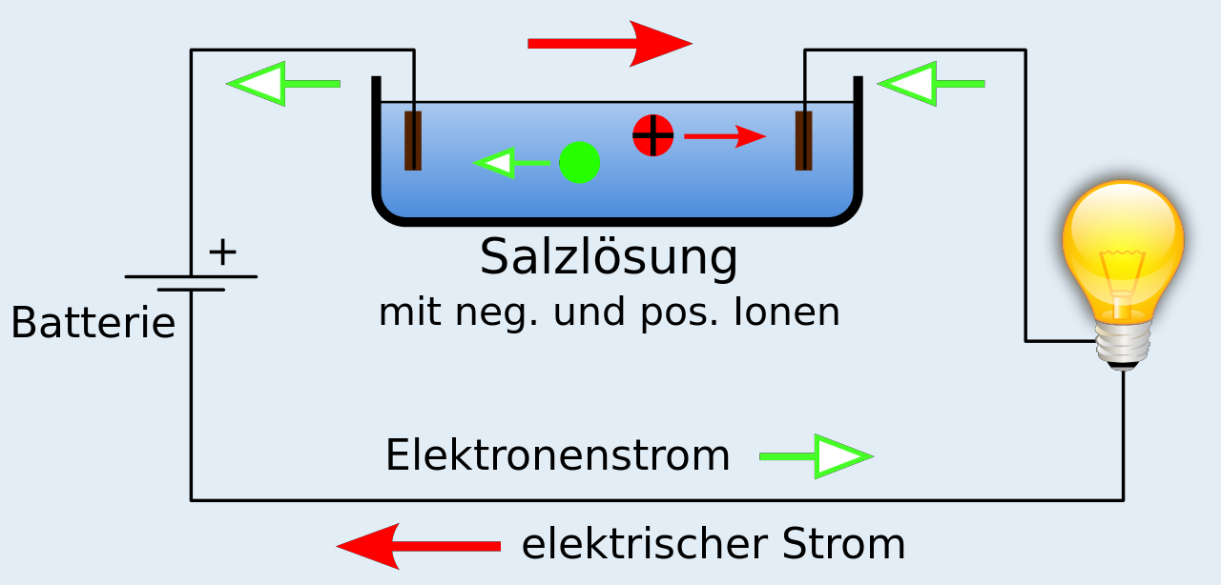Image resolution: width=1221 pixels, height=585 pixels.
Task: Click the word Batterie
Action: click(93, 324)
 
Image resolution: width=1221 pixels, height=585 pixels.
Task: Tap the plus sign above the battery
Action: click(222, 252)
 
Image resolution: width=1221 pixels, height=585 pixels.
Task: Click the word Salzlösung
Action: click(609, 257)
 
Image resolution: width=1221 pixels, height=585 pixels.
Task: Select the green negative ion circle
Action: click(579, 162)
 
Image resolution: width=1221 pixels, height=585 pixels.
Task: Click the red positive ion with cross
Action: click(653, 135)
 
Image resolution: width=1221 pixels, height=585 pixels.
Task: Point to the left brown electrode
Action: click(413, 140)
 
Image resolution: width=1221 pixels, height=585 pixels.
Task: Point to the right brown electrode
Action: click(804, 140)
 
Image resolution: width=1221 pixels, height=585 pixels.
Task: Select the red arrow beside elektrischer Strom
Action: click(420, 546)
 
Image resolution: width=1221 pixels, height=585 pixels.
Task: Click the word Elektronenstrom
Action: click(558, 456)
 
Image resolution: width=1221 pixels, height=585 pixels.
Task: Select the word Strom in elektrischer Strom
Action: click(843, 544)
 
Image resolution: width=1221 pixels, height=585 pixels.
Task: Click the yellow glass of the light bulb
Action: click(1123, 243)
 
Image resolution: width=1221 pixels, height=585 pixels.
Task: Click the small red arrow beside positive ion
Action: click(725, 137)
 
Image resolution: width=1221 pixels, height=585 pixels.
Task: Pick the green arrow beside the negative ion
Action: click(510, 163)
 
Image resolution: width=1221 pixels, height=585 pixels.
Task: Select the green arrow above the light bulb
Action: click(931, 84)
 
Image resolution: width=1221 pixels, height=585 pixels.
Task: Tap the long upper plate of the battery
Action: click(191, 276)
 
